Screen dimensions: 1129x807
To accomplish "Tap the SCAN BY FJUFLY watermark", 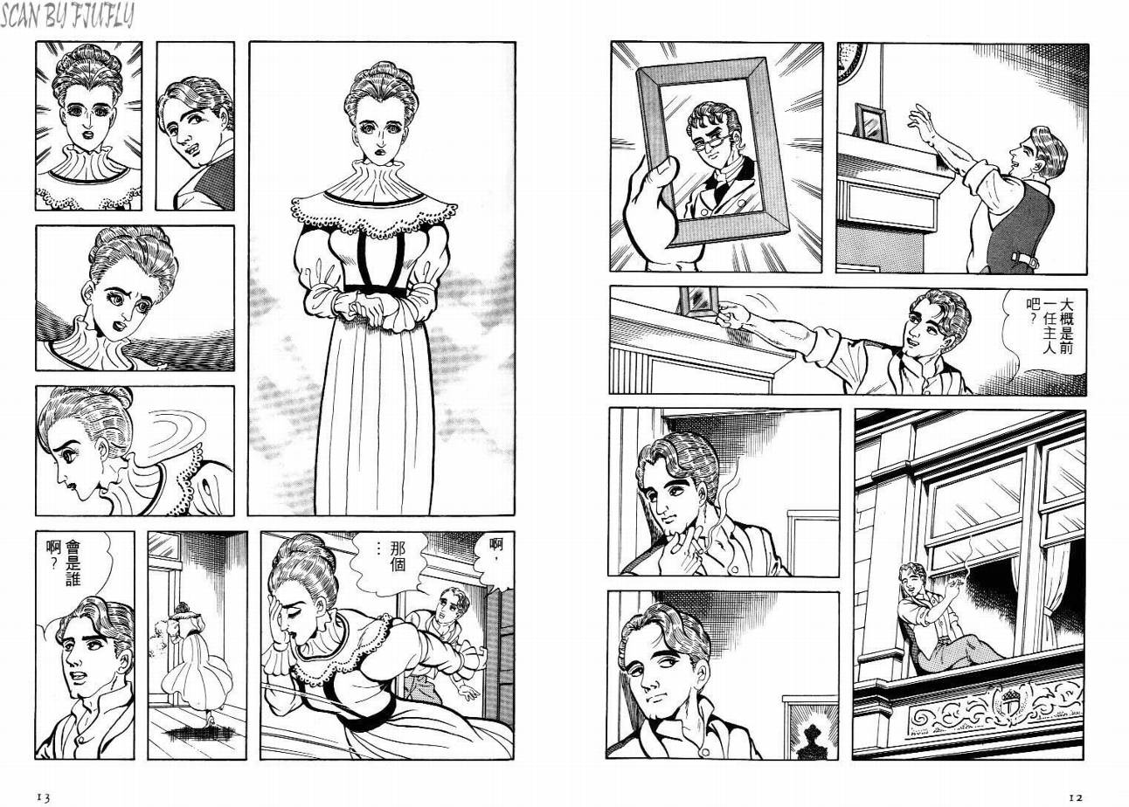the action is (67, 16).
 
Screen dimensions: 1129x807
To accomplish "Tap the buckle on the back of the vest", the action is (1025, 260).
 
